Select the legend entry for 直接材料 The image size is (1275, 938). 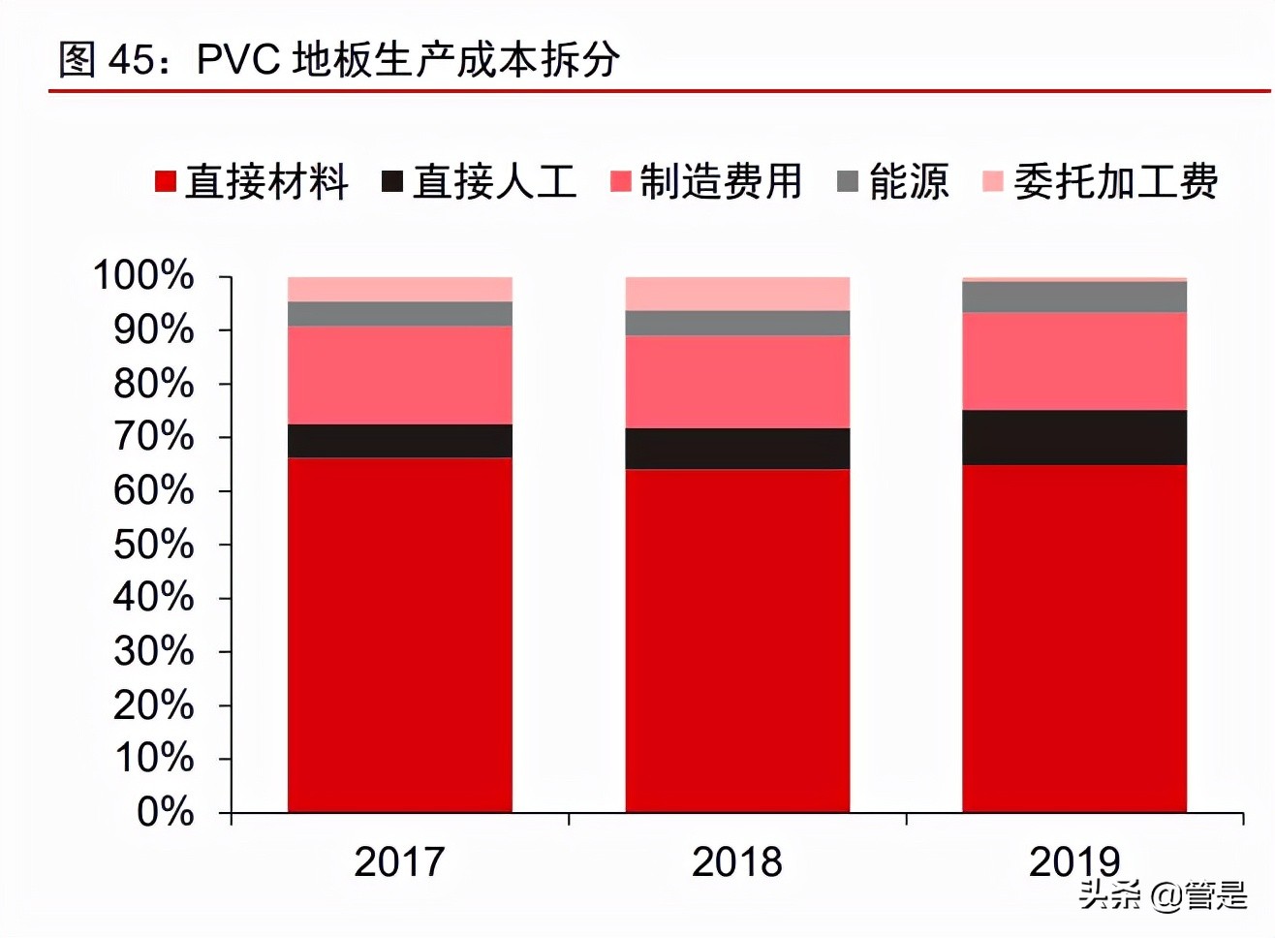pos(252,182)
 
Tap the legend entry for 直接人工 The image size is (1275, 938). pos(480,182)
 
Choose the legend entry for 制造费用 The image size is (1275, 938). pos(707,182)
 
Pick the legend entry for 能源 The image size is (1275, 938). pos(893,182)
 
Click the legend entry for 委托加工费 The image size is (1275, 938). pos(1101,182)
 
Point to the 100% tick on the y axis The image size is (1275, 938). pos(143,276)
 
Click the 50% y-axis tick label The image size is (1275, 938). pos(153,545)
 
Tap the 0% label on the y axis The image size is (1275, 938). pos(165,812)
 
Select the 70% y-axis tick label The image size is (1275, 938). pos(153,437)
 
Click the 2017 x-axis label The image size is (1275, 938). pos(399,861)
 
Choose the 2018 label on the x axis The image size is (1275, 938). pos(736,861)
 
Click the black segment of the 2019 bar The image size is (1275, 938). pos(1073,437)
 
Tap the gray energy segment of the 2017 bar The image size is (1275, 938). pos(399,313)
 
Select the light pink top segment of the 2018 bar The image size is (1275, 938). pos(736,294)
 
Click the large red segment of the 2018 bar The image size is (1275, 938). pos(736,640)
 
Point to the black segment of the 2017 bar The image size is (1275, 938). pos(399,441)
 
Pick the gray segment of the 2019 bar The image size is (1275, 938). pos(1073,297)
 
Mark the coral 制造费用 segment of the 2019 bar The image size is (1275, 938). pos(1073,360)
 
